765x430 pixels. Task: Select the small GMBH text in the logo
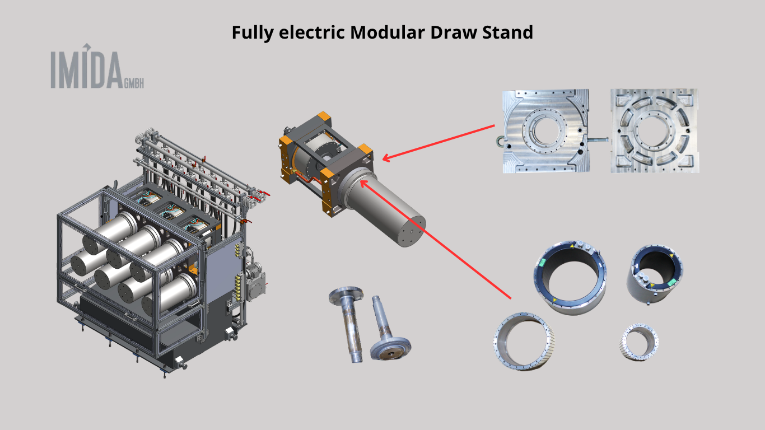pos(134,83)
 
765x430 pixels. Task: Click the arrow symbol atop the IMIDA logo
pos(87,47)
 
